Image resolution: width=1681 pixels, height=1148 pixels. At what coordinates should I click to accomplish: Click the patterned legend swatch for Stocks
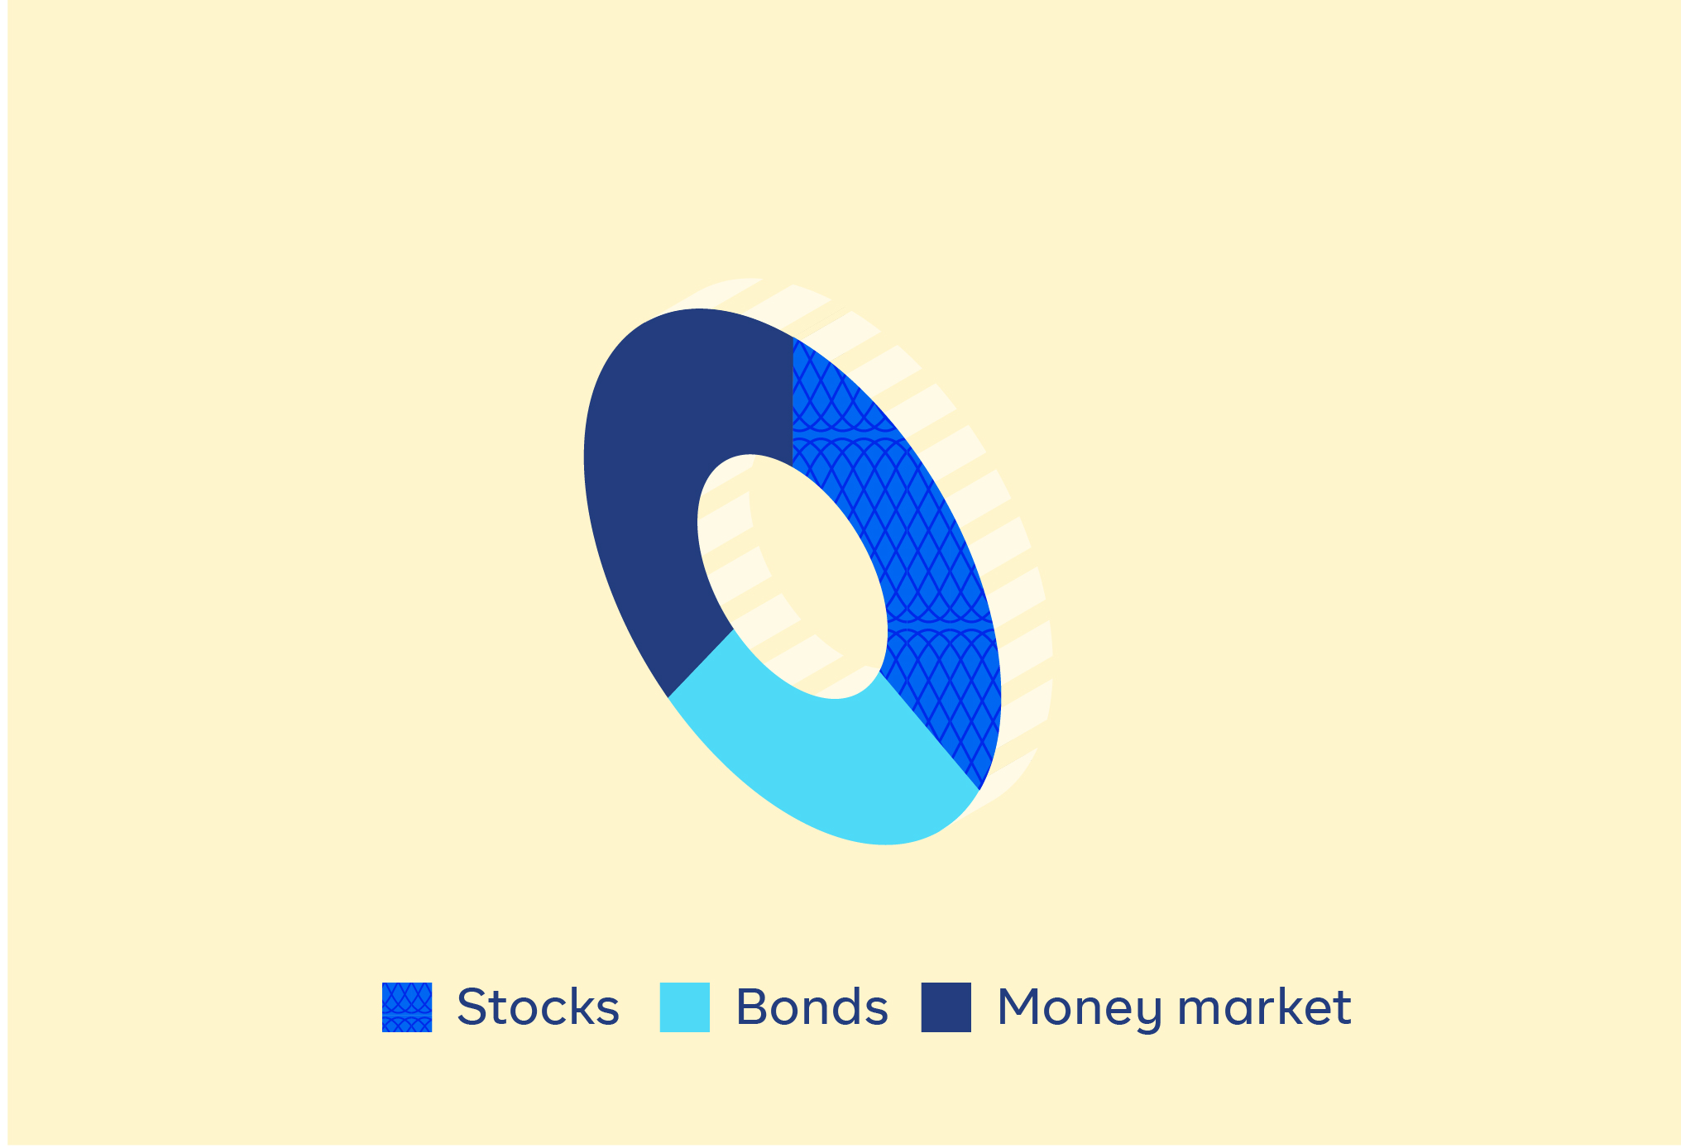click(x=407, y=1007)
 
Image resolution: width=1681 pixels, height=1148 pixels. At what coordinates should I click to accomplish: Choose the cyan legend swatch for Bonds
click(x=684, y=1007)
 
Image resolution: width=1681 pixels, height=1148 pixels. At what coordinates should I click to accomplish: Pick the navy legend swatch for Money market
click(x=946, y=1007)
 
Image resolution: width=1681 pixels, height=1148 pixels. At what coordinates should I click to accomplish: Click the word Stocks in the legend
click(x=538, y=1007)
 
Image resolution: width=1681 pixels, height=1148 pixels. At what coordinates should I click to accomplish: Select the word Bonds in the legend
click(x=812, y=1007)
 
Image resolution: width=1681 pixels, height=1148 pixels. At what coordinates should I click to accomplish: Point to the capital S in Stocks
click(x=472, y=1007)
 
